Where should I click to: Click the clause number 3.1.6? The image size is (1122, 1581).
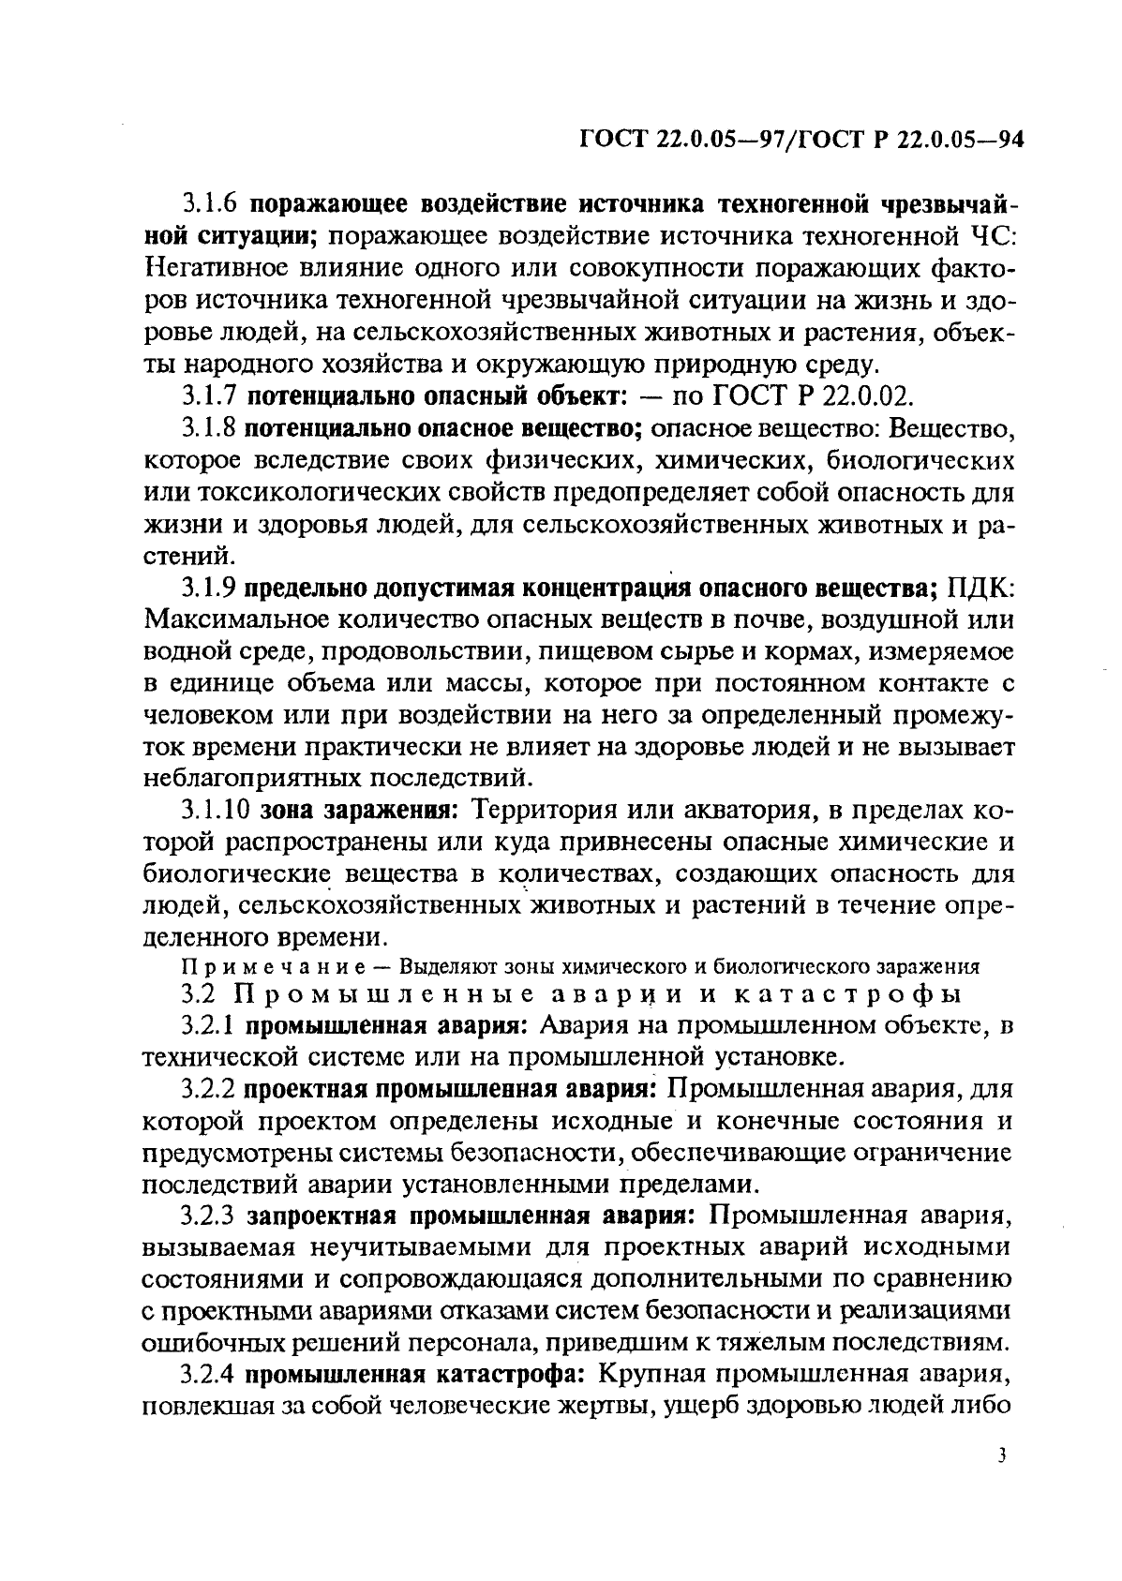pyautogui.click(x=212, y=203)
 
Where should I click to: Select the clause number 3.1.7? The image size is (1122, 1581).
pyautogui.click(x=212, y=395)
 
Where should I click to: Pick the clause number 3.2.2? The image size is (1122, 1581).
pyautogui.click(x=212, y=1090)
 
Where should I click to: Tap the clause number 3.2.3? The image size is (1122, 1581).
pyautogui.click(x=212, y=1217)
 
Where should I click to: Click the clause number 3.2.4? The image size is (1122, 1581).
pyautogui.click(x=212, y=1376)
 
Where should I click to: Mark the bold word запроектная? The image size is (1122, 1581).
pyautogui.click(x=323, y=1217)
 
